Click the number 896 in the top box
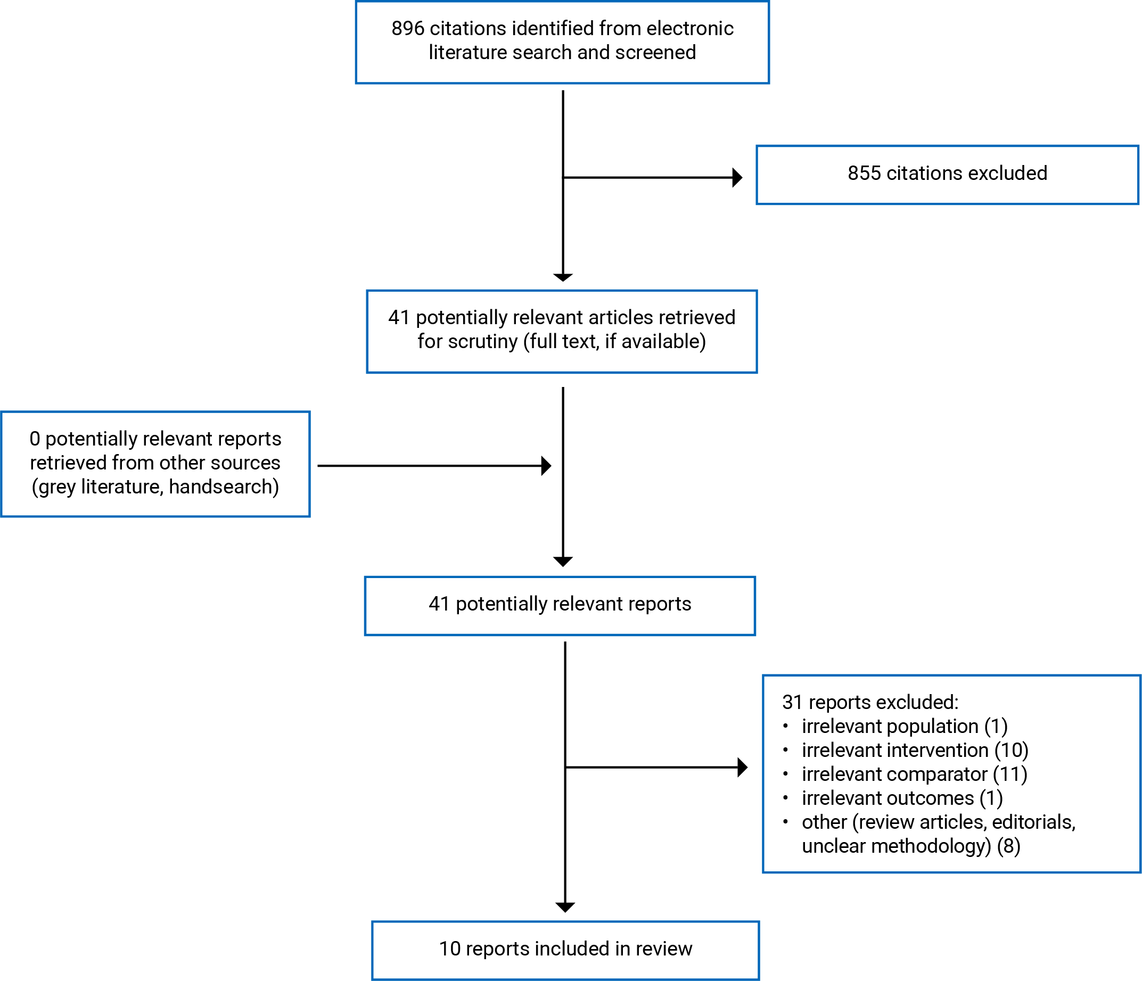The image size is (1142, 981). [x=407, y=29]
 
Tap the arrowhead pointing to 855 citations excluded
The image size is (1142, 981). [x=737, y=177]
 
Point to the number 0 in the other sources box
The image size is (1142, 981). [x=35, y=439]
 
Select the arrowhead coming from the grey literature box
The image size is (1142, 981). [x=546, y=466]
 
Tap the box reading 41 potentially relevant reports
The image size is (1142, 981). [x=560, y=605]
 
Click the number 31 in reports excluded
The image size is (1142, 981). [x=792, y=703]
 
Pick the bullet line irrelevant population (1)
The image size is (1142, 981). [x=905, y=727]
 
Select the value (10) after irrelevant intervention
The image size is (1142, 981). [x=1012, y=751]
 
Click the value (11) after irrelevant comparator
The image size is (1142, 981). [x=1010, y=774]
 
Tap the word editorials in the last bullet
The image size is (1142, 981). [x=1033, y=822]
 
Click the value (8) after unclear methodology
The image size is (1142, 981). [x=1008, y=846]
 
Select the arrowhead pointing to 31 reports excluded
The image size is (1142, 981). [x=742, y=767]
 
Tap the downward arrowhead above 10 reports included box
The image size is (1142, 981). [x=565, y=906]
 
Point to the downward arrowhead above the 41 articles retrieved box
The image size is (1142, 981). [x=563, y=277]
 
